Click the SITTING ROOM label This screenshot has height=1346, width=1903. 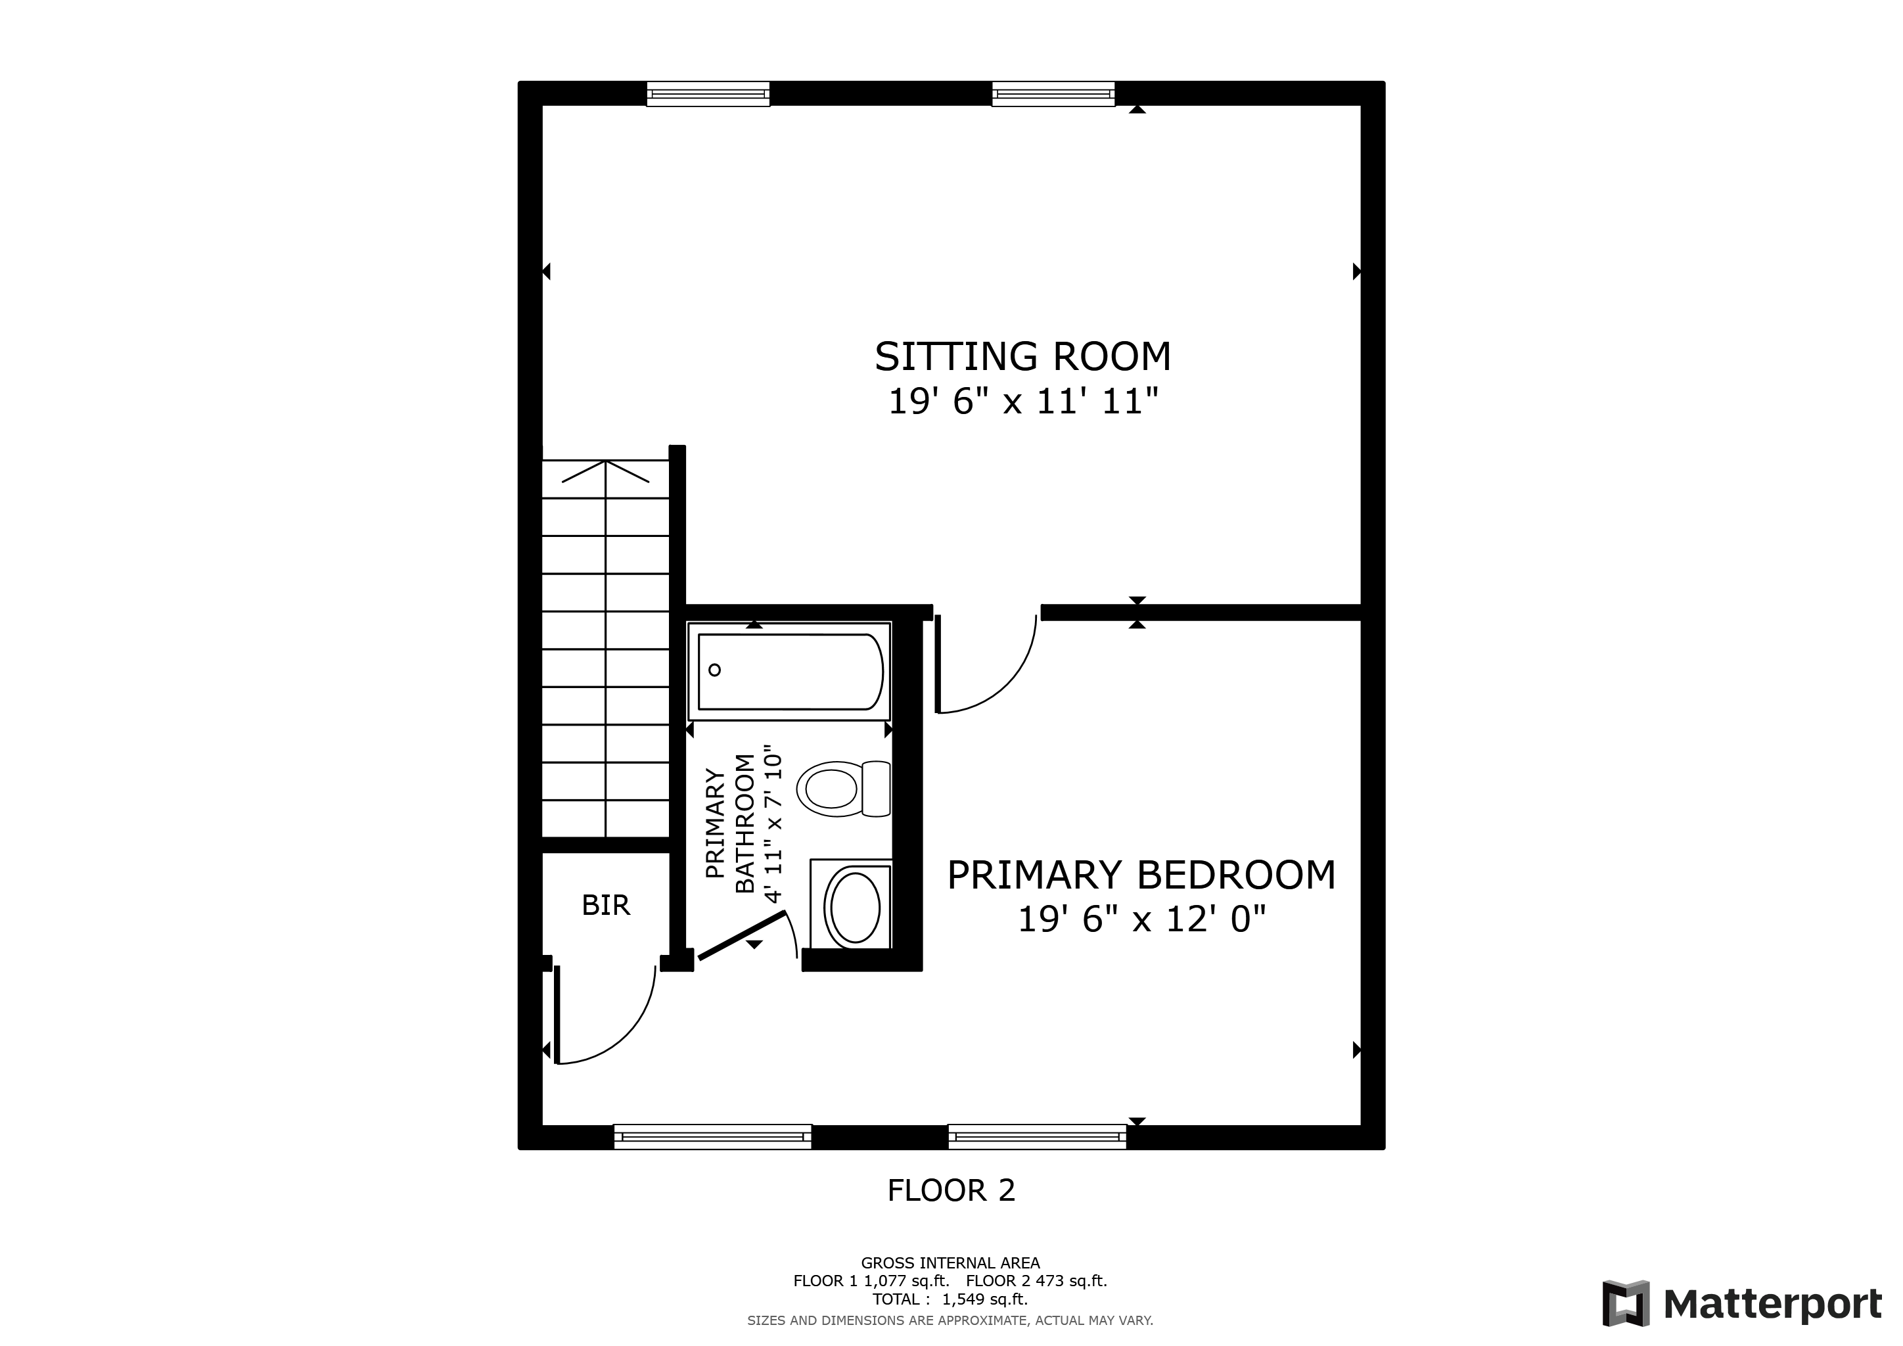tap(1022, 356)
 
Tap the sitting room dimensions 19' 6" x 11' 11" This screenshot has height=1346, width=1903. tap(1022, 403)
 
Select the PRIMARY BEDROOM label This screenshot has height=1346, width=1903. tap(1141, 875)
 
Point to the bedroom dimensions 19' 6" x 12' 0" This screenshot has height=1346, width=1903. tap(1141, 919)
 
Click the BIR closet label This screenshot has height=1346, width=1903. tap(606, 906)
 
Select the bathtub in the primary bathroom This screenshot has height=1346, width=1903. tap(790, 671)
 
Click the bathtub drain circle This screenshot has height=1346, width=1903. tap(714, 670)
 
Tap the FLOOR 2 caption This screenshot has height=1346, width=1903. tap(951, 1191)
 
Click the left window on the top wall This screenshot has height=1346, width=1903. tap(708, 94)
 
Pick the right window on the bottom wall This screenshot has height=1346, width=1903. tap(1037, 1136)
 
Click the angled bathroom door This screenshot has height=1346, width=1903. tap(742, 936)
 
